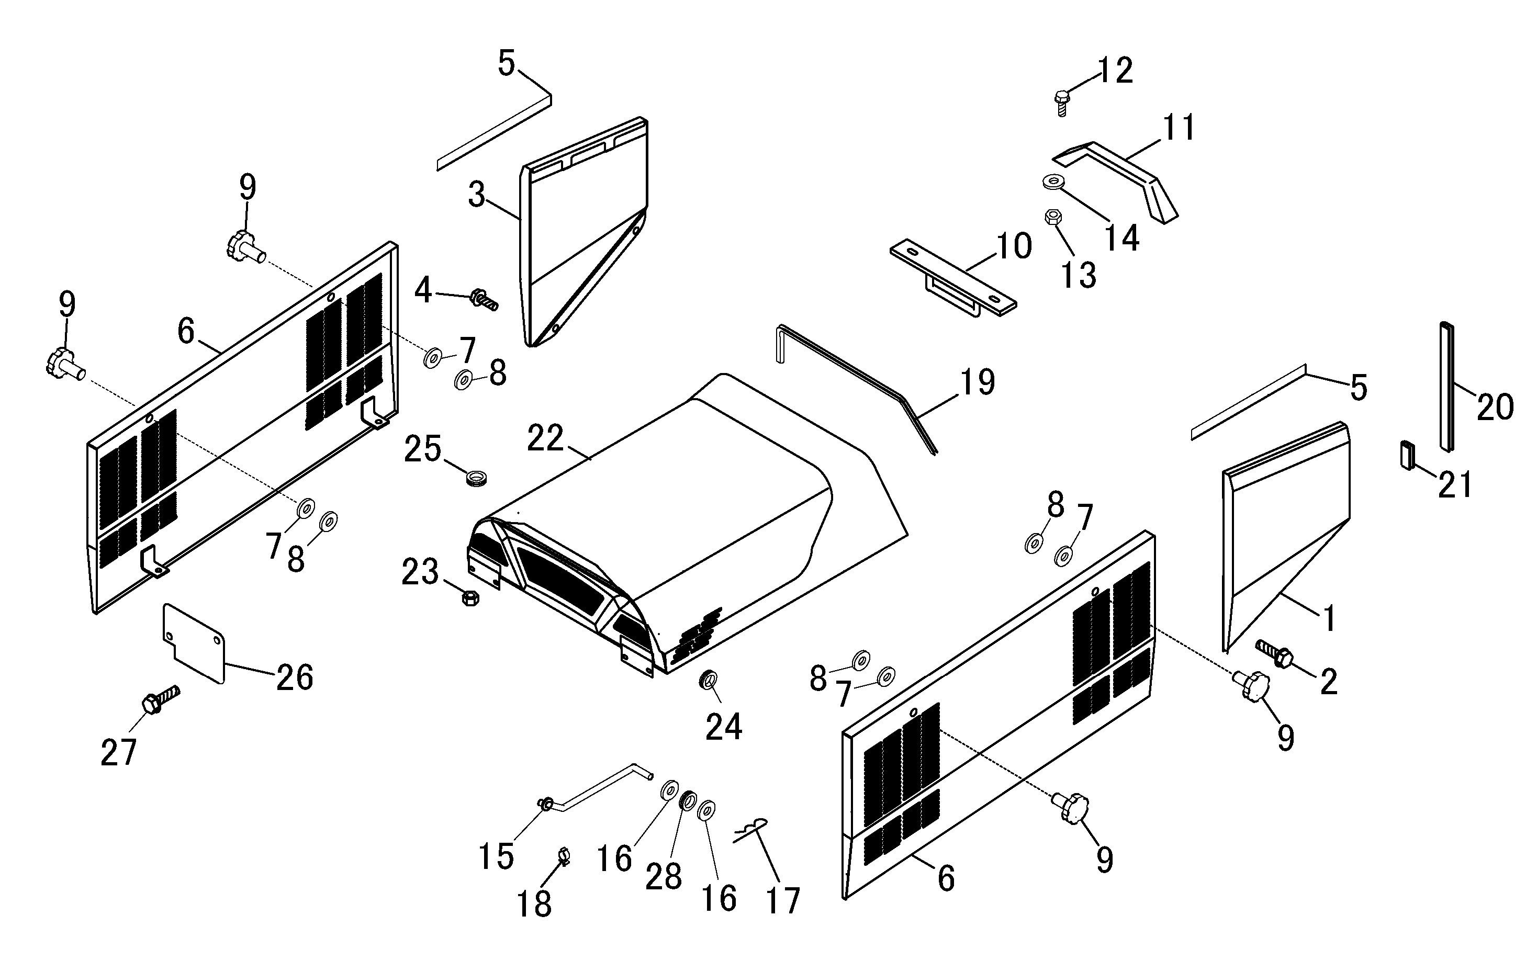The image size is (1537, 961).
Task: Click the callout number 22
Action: point(545,438)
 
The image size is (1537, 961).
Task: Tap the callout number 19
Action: point(977,382)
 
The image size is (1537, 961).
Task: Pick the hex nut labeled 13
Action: point(1052,218)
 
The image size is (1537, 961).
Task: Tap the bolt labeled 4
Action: point(485,299)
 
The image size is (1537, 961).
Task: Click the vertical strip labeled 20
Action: point(1447,387)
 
